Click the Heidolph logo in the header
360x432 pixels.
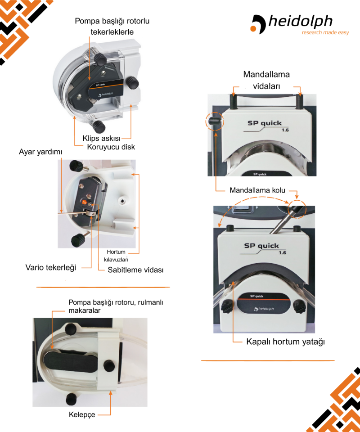coord(292,22)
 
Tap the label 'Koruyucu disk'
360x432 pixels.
coord(111,147)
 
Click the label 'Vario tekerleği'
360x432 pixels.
coord(51,267)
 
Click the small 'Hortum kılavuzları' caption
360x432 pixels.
coord(119,256)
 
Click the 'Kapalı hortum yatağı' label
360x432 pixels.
coord(285,342)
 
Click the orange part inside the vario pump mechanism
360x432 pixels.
coord(86,202)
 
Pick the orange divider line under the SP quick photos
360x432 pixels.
coord(267,360)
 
